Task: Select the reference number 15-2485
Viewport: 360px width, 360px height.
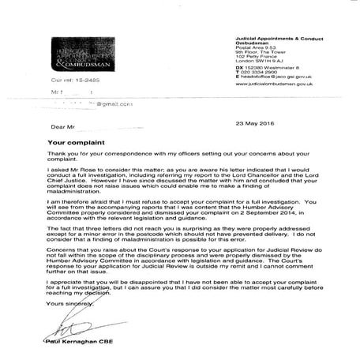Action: click(x=78, y=81)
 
